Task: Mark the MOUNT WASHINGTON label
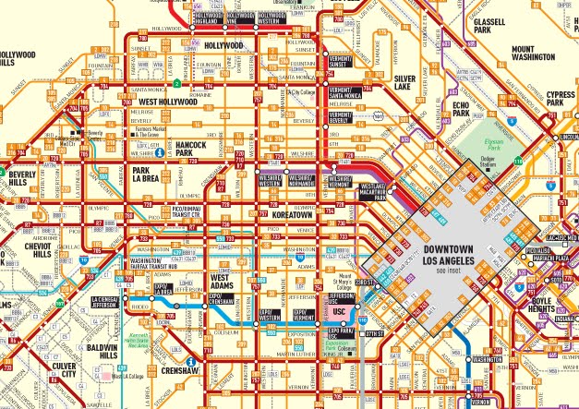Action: pyautogui.click(x=537, y=54)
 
